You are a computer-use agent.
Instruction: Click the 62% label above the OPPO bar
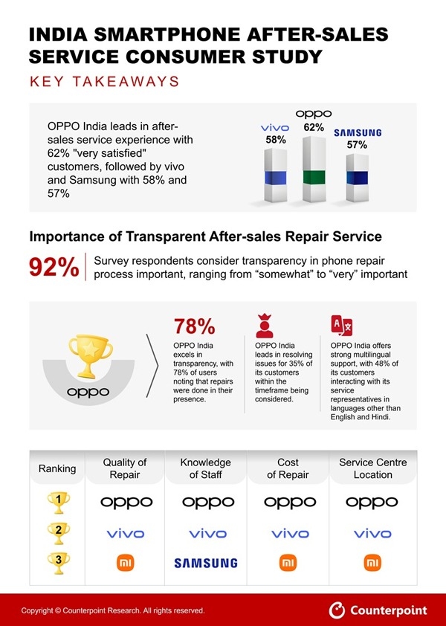[x=314, y=127]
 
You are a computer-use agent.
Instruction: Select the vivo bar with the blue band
[x=276, y=175]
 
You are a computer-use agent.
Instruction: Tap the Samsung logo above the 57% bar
[x=357, y=132]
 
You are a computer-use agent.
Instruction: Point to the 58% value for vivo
[x=276, y=139]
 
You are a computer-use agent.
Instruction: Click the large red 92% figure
[x=54, y=268]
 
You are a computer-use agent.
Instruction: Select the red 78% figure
[x=194, y=326]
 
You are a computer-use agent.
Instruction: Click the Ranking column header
[x=57, y=468]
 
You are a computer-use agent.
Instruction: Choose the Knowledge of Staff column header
[x=205, y=468]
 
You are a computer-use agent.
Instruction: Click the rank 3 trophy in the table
[x=57, y=563]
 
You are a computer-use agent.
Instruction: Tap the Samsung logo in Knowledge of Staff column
[x=205, y=564]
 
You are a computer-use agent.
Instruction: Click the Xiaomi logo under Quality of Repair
[x=125, y=564]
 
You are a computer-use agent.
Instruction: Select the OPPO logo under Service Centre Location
[x=372, y=503]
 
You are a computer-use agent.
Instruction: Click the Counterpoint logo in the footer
[x=378, y=610]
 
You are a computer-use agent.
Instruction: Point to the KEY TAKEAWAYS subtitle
[x=104, y=81]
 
